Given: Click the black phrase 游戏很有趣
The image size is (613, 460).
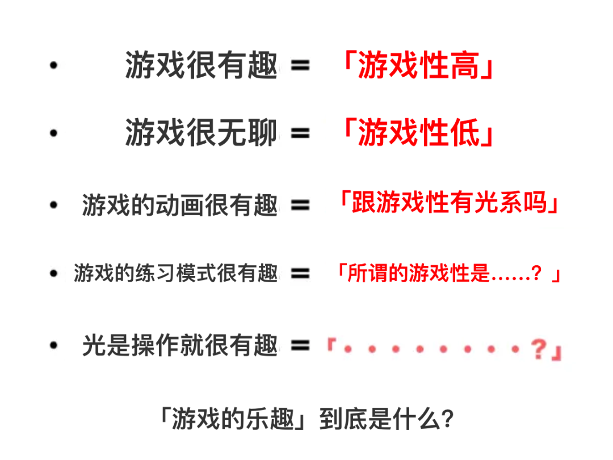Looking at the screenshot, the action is [x=201, y=65].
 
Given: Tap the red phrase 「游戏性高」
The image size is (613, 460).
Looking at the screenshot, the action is [x=417, y=65].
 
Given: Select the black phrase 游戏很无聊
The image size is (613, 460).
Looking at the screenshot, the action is [x=201, y=134].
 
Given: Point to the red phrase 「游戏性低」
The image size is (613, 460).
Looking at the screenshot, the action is [x=417, y=134].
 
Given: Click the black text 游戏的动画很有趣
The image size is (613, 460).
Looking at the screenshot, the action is [x=180, y=205].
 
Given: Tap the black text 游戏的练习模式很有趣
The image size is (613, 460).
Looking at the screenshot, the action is [x=176, y=274].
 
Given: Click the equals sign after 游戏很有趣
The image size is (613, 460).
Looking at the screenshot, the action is [x=300, y=66].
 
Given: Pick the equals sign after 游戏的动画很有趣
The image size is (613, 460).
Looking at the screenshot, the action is [x=300, y=205].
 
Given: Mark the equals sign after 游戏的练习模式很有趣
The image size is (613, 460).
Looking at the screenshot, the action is [x=300, y=274].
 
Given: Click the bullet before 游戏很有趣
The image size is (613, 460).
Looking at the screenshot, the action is [x=54, y=66].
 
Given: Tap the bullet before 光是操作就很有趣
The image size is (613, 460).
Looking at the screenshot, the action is [x=54, y=345].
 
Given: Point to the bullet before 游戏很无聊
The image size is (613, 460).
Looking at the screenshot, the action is [x=54, y=135].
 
